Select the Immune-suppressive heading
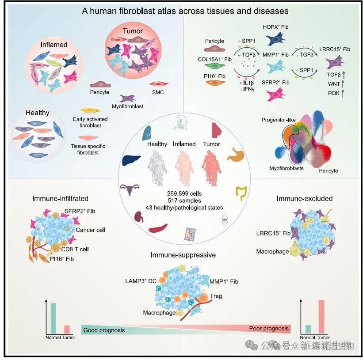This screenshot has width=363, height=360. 183,255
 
